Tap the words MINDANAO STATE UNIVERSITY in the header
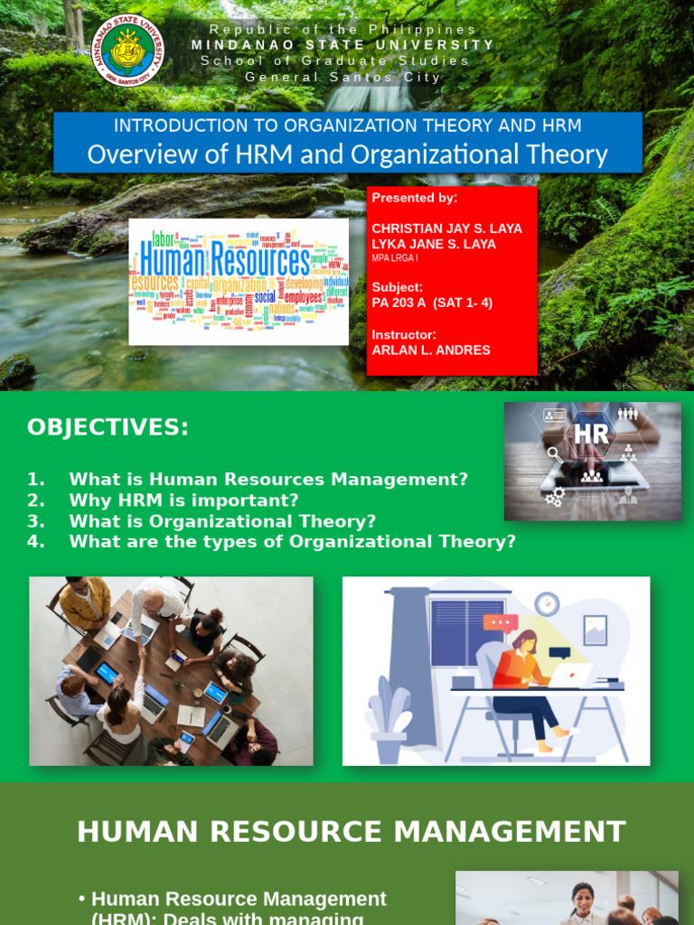coord(343,45)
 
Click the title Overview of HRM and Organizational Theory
coord(347,154)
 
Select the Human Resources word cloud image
coord(239,281)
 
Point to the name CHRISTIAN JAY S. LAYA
coord(446,229)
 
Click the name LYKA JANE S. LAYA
coord(434,245)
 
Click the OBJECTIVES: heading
coord(108,427)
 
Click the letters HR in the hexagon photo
coord(591,434)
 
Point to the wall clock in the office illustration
coord(547,604)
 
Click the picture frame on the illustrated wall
coord(595,630)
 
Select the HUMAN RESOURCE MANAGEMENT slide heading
coord(351,831)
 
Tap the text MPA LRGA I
coord(395,258)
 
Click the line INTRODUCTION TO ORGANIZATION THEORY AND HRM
coord(347,126)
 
